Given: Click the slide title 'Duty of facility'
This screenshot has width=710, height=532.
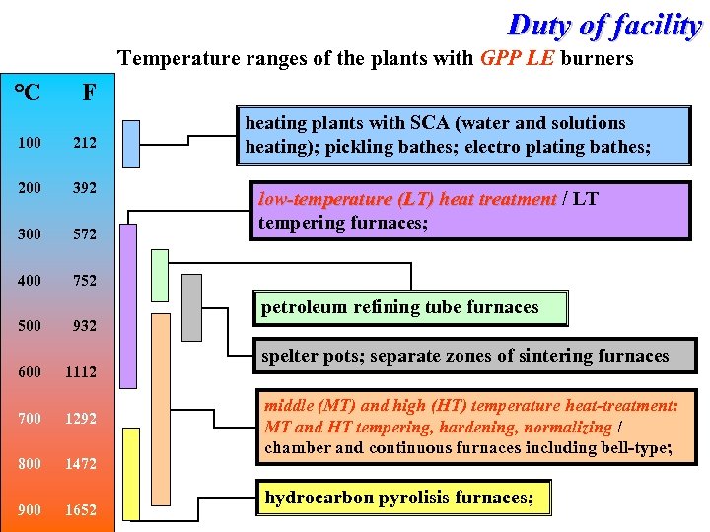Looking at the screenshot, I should (603, 25).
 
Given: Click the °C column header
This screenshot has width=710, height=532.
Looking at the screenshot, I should (28, 93).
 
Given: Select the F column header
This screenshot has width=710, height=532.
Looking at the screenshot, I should (89, 93).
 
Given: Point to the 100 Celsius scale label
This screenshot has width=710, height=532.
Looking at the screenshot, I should (30, 143).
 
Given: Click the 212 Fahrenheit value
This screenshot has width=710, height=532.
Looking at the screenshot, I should (85, 143).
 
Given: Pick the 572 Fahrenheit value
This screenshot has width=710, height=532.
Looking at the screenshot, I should (85, 235).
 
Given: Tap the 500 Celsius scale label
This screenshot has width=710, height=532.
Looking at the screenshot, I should (30, 326).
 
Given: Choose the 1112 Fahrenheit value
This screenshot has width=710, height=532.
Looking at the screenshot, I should (81, 371).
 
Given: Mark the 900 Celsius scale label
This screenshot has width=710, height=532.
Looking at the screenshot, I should (30, 509).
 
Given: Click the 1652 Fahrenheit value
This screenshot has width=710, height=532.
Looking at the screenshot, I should (81, 509).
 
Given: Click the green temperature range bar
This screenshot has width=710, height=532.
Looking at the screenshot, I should (161, 275).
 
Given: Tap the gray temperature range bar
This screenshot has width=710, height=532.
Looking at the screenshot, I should (192, 306).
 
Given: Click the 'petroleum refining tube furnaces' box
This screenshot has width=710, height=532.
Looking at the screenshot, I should (410, 308).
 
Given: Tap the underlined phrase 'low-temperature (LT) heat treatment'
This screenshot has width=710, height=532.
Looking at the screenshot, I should (406, 199).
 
